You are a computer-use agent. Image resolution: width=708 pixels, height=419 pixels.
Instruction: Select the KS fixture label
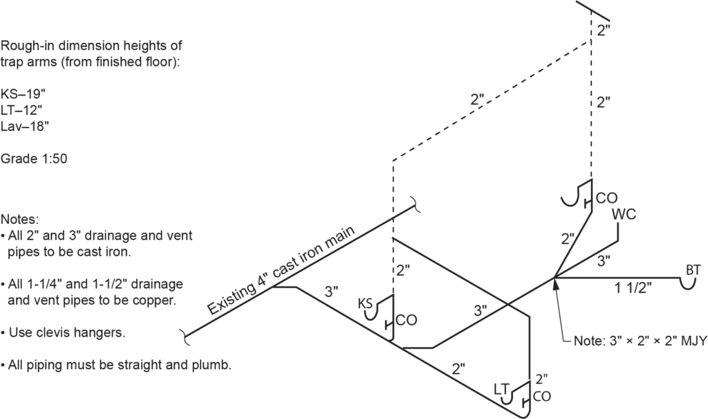click(366, 303)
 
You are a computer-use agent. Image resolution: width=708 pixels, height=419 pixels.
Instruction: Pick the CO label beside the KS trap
click(407, 321)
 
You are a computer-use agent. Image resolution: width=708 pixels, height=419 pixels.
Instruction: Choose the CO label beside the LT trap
click(542, 397)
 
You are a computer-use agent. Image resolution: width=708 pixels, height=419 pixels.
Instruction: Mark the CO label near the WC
click(606, 198)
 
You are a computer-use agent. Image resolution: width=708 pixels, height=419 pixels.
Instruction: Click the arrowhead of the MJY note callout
click(555, 283)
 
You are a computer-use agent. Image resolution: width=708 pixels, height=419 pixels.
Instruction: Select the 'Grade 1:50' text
click(34, 158)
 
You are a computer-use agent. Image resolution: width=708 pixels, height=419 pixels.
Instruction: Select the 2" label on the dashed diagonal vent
click(477, 99)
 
